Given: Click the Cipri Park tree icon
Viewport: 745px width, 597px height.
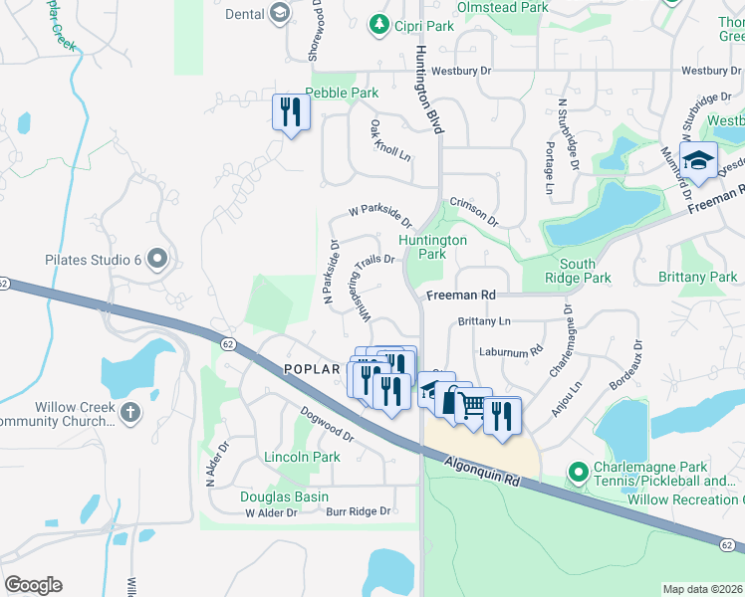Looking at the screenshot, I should tap(378, 24).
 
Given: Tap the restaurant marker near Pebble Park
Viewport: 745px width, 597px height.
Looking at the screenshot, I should tap(290, 112).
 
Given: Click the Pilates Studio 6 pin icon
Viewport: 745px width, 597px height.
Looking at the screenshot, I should tap(156, 261).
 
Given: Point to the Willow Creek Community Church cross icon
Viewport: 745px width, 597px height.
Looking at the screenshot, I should tap(130, 414).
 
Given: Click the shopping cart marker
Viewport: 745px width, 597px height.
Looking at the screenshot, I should tap(472, 405).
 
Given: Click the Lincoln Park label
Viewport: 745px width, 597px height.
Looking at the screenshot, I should tap(302, 458).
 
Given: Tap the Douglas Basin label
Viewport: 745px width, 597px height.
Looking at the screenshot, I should tap(278, 497).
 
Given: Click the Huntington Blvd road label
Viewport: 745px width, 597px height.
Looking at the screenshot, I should tap(429, 90).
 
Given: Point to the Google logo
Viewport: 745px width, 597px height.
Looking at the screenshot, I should tap(33, 585).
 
